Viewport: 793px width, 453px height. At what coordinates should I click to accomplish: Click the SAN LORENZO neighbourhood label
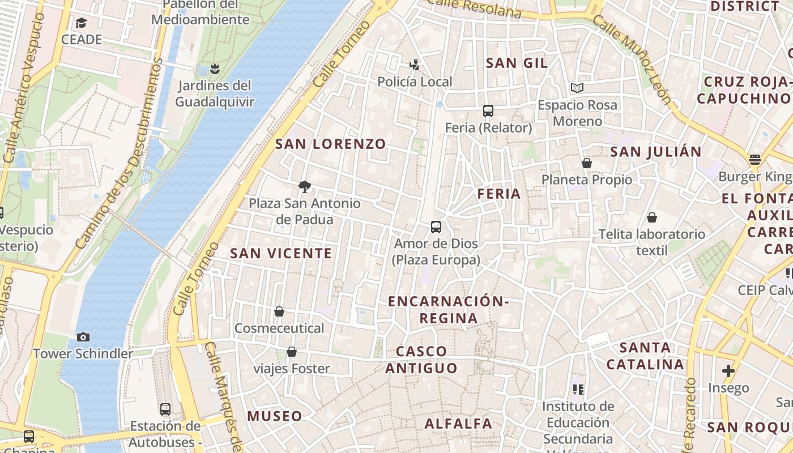(x=330, y=144)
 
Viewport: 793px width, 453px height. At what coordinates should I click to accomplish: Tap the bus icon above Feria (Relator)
(x=488, y=111)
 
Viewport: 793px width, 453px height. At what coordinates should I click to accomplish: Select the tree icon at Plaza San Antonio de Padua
(x=305, y=186)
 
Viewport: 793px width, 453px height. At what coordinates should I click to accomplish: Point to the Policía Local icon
(x=415, y=65)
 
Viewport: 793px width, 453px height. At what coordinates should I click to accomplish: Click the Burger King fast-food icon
(x=754, y=160)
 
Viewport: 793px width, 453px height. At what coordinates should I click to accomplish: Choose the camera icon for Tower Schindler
(x=83, y=337)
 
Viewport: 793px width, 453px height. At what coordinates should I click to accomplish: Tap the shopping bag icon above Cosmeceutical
(x=279, y=311)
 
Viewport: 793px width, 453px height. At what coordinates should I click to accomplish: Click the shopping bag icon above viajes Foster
(x=292, y=352)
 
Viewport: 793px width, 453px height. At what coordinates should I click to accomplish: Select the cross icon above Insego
(x=728, y=371)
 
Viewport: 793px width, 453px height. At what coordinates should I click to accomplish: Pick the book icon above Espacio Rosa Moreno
(x=577, y=88)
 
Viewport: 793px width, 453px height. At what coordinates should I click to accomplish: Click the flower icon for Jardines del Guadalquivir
(x=214, y=69)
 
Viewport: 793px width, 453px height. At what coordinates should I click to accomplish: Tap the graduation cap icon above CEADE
(x=82, y=23)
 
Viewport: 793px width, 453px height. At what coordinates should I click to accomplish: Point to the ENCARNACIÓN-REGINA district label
(x=448, y=310)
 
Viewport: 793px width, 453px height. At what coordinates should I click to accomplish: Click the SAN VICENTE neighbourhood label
(x=281, y=254)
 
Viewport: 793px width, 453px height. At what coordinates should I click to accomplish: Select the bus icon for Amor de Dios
(x=436, y=226)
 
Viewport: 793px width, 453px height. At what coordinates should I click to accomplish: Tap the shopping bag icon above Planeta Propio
(x=586, y=163)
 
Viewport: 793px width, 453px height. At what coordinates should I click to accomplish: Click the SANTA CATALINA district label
(x=645, y=356)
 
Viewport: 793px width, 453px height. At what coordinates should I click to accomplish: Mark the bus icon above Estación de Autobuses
(x=165, y=409)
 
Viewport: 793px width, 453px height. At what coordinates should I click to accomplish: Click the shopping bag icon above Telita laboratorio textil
(x=652, y=217)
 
